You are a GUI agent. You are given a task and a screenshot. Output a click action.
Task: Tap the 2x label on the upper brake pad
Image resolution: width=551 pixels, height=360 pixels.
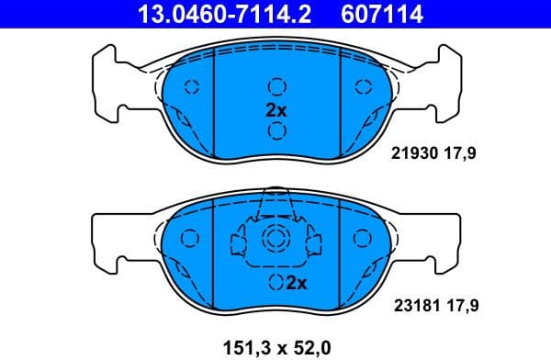click(275, 109)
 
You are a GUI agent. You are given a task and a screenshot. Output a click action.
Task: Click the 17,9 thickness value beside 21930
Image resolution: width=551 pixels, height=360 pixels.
click(465, 157)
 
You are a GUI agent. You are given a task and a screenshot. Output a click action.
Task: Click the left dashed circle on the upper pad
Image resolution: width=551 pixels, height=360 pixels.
click(192, 88)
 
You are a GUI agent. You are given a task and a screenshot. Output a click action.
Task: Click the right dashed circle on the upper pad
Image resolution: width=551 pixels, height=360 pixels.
click(360, 88)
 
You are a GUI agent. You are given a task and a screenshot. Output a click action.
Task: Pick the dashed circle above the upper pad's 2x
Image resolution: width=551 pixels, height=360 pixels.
click(275, 87)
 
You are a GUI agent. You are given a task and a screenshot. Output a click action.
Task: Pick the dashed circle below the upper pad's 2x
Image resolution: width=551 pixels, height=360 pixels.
click(275, 130)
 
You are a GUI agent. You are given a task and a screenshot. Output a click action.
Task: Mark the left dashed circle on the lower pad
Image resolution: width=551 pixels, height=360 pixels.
click(192, 239)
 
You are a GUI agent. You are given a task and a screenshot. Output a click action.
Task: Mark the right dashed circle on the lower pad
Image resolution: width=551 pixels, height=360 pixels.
click(360, 239)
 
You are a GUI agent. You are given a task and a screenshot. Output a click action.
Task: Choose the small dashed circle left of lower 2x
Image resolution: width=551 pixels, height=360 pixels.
click(273, 283)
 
